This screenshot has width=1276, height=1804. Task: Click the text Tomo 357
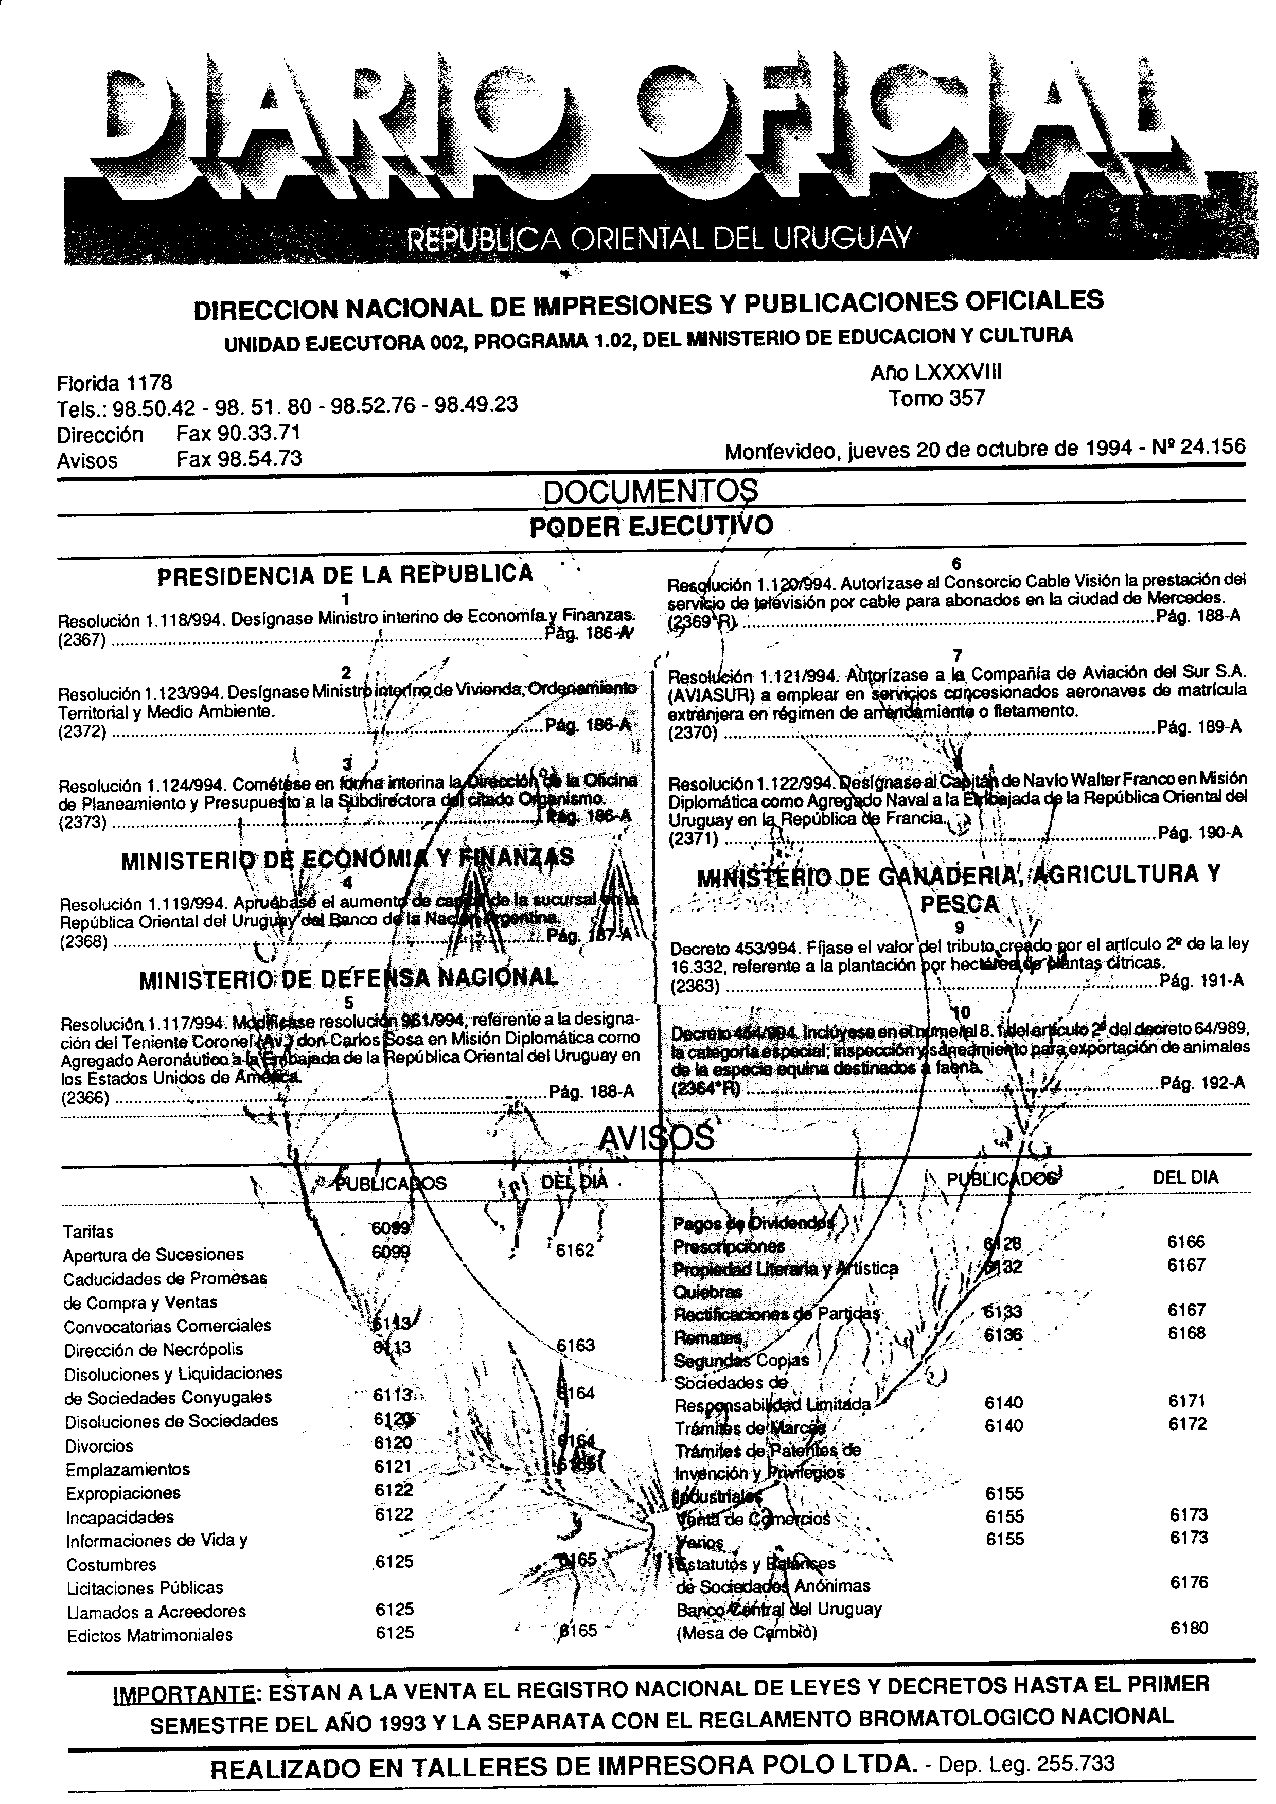click(936, 398)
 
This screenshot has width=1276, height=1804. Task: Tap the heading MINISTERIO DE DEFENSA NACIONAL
click(349, 978)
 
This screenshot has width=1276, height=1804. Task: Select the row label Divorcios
click(100, 1445)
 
